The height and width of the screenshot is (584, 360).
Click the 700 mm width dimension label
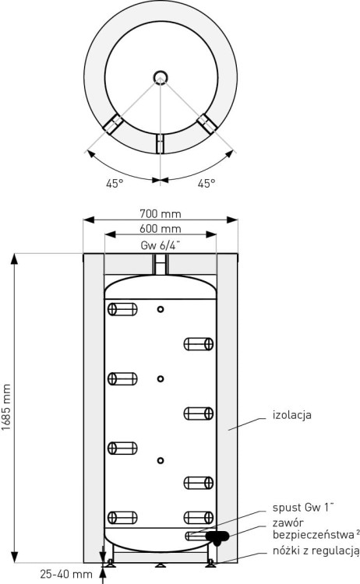point(161,214)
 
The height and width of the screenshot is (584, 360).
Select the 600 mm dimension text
point(161,228)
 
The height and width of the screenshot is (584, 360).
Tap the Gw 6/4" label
point(161,245)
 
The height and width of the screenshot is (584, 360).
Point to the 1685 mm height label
point(6,407)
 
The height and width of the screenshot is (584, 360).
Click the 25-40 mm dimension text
point(66,574)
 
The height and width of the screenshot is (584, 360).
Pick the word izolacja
point(291,415)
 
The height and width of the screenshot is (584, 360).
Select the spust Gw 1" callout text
point(303,508)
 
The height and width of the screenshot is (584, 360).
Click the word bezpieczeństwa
point(313,535)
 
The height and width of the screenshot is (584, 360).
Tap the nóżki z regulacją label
point(316,551)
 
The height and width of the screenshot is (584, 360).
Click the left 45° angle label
point(115,184)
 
